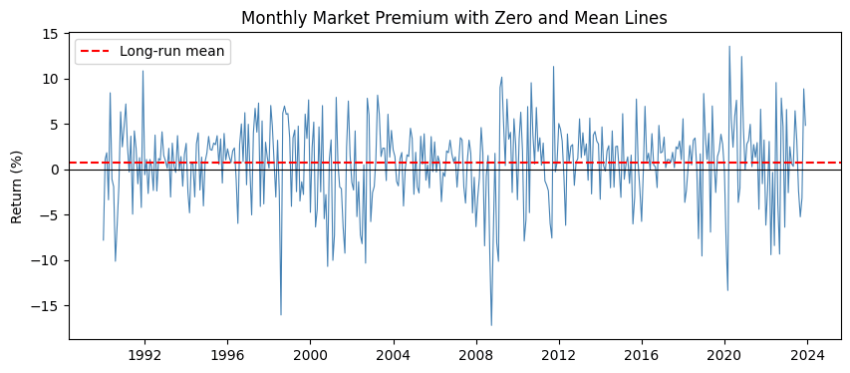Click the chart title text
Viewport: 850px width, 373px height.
coord(454,18)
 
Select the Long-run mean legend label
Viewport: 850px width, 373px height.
coord(171,52)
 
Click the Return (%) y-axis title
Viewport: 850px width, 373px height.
coord(17,186)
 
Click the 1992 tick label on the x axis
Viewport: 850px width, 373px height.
coord(144,358)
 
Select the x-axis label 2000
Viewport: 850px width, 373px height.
coord(310,358)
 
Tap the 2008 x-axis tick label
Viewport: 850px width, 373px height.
coord(476,358)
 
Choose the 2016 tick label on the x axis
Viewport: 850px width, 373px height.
coord(642,358)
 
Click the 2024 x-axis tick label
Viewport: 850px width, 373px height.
coord(807,358)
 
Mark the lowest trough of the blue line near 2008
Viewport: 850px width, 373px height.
coord(491,325)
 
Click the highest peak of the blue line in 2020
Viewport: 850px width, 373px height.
coord(729,46)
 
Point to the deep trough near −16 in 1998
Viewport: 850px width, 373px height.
coord(281,314)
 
